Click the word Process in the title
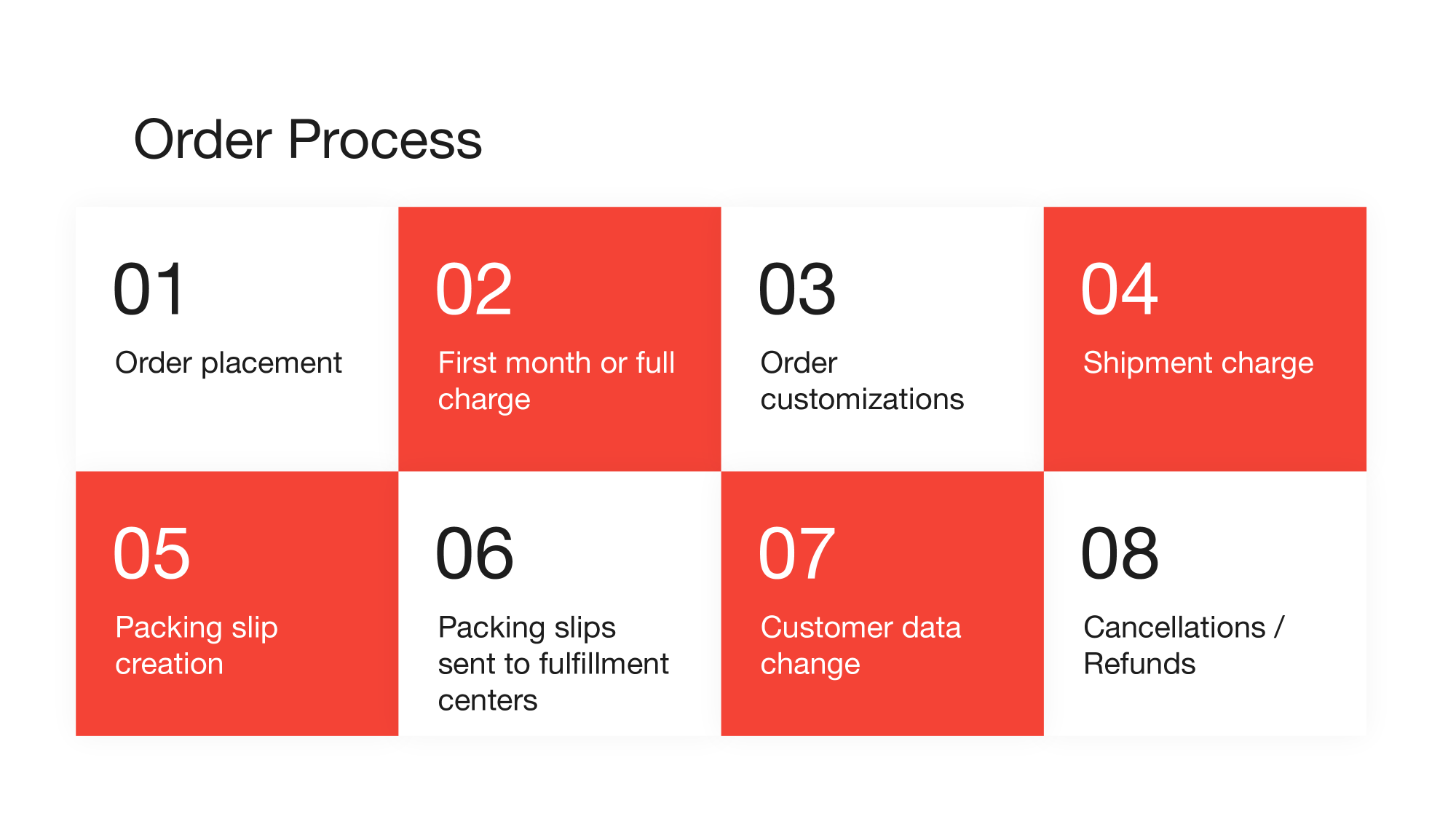[384, 140]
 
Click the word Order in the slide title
[202, 140]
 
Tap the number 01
[149, 290]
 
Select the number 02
[474, 290]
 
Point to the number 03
[796, 290]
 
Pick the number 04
[1119, 290]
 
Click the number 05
[151, 554]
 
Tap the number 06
[474, 554]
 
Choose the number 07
[796, 554]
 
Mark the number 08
[1120, 554]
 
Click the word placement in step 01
[271, 363]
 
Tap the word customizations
[862, 399]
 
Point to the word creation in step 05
[169, 664]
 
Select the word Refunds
[1139, 664]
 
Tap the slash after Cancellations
[1279, 628]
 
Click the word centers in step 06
[487, 700]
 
